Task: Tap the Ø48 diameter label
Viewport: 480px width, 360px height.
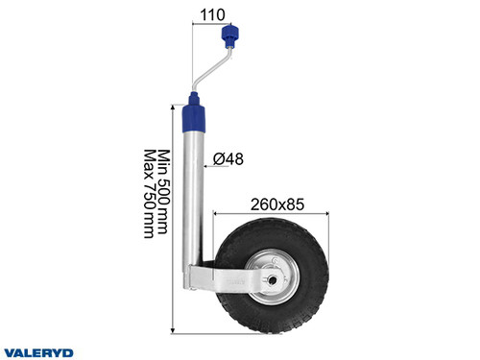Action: click(x=228, y=157)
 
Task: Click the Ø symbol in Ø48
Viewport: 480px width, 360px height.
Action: click(x=218, y=157)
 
